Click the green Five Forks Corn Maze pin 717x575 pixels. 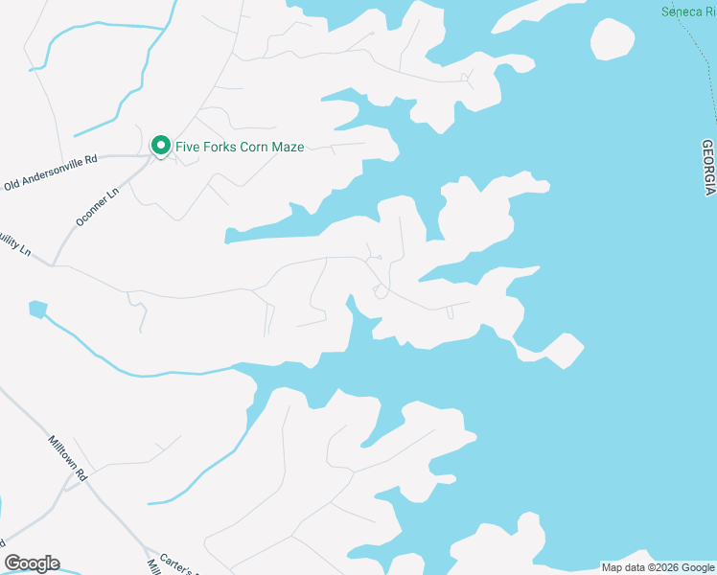160,146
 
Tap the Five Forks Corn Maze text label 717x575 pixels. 240,147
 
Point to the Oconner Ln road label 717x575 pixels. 97,207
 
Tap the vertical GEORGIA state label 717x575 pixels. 707,167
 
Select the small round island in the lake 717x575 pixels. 612,39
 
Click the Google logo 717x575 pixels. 32,563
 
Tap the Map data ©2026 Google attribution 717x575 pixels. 658,567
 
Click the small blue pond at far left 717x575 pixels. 37,309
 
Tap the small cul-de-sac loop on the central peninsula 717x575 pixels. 381,291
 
